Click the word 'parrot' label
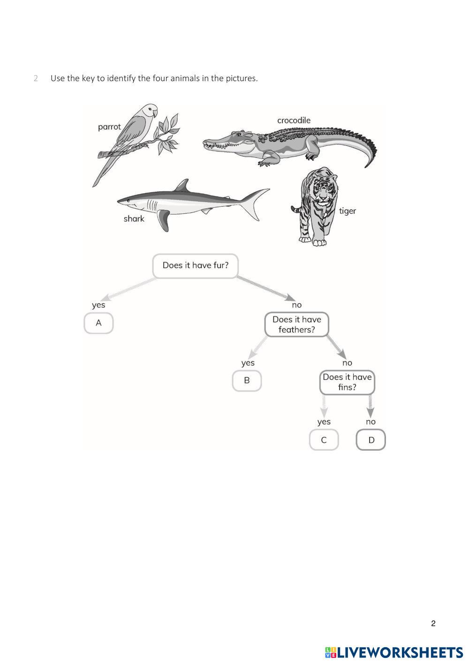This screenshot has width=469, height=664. (x=109, y=127)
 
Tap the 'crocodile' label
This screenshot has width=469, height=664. (x=294, y=121)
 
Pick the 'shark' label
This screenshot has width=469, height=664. (x=134, y=219)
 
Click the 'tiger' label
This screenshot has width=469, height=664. (x=348, y=211)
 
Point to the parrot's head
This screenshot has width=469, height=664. (x=150, y=111)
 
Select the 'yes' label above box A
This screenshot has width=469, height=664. (x=98, y=305)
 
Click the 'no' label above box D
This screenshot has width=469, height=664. (x=371, y=422)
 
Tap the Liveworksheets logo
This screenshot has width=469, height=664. (x=394, y=652)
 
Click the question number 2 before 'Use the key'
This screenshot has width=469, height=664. (x=36, y=78)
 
